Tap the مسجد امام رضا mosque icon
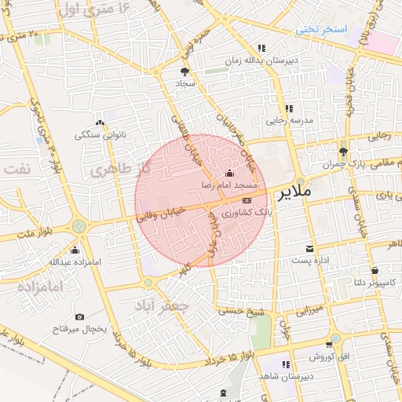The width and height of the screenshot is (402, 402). (229, 173)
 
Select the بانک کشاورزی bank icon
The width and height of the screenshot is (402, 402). (247, 200)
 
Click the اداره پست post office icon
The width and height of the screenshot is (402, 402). (319, 247)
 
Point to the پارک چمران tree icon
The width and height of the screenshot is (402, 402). (343, 152)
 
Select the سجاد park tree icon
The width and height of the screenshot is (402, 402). (185, 71)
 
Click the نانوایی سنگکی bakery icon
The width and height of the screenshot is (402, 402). (100, 122)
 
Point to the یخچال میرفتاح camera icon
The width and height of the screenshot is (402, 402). (79, 316)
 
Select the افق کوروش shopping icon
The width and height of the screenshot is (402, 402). (334, 343)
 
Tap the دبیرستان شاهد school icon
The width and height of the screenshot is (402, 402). (285, 364)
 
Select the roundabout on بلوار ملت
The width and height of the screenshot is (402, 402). (78, 228)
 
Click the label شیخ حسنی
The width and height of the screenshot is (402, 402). (239, 312)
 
